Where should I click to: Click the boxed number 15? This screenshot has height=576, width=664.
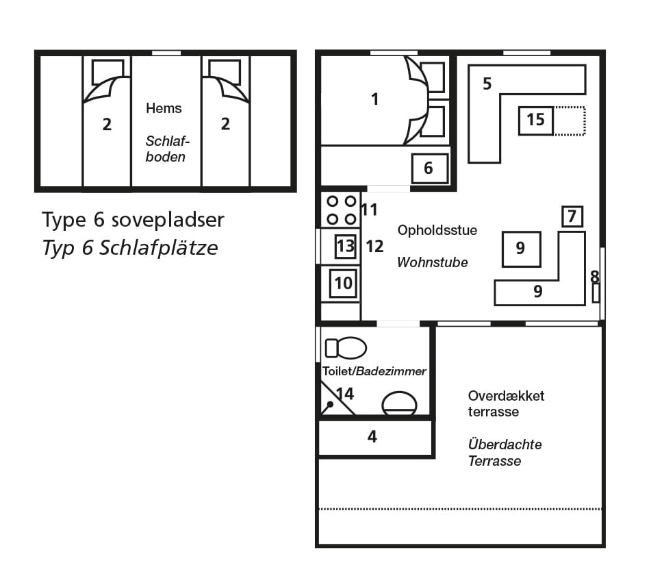pos(536,121)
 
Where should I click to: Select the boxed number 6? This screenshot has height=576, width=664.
pos(429,168)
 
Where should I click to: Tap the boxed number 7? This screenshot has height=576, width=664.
pos(572,216)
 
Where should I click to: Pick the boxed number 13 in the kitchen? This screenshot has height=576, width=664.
pos(346,247)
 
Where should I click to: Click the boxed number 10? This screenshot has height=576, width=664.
pos(343,283)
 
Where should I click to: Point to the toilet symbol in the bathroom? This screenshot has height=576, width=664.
pos(346,348)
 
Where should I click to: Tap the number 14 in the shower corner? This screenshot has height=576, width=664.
pos(345,394)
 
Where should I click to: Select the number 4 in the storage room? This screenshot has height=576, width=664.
pos(372,436)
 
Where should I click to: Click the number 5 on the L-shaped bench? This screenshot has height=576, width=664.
pos(487,84)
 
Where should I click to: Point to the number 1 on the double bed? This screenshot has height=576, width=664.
pos(374,99)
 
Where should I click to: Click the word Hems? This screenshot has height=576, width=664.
pos(164,108)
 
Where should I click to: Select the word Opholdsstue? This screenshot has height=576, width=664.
pos(437,231)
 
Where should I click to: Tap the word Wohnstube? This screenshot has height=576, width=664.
pos(433,262)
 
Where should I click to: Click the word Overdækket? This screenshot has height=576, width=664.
pos(506,396)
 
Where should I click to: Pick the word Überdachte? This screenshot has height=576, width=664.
pos(505,444)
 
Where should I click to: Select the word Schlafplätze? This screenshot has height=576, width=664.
pos(158,248)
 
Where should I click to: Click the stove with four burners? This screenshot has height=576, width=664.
pos(341,210)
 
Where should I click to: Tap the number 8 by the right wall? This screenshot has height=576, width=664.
pos(595,277)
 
